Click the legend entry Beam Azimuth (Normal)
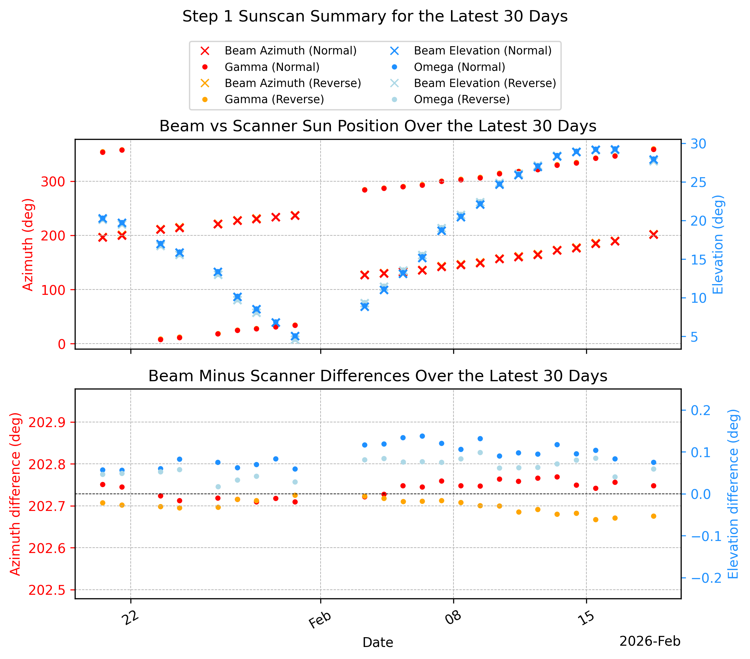(279, 51)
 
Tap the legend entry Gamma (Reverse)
(263, 99)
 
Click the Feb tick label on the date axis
(320, 620)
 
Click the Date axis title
(378, 643)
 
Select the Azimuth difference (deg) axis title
(16, 494)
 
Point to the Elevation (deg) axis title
(718, 244)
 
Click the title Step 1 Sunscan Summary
(375, 16)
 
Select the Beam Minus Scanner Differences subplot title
(378, 376)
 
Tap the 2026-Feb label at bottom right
(650, 641)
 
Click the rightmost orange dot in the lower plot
(653, 516)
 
